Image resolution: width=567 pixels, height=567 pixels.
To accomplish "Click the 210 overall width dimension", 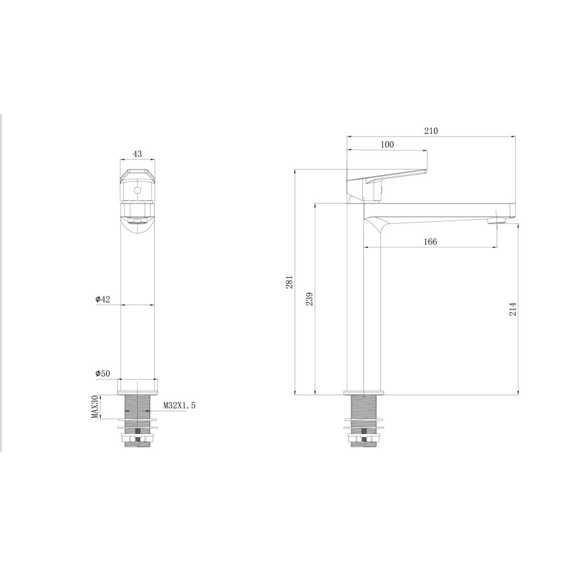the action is tap(431, 131).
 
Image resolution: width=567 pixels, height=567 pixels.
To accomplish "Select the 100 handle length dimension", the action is tap(387, 145).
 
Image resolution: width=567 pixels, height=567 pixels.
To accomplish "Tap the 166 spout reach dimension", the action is tap(430, 242).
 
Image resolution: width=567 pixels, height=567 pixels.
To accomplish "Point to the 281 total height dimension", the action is tap(290, 282).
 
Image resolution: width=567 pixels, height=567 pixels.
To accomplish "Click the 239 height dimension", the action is tap(310, 299).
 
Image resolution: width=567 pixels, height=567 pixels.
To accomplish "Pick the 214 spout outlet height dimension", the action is tap(513, 309).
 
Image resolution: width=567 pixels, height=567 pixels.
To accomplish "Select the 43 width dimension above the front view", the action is tap(137, 154).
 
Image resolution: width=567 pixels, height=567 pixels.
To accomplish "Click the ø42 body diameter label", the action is tap(103, 299).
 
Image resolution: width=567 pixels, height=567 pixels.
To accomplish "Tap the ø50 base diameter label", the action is tap(103, 374).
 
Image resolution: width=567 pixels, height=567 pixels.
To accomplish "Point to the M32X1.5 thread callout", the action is tap(179, 405).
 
